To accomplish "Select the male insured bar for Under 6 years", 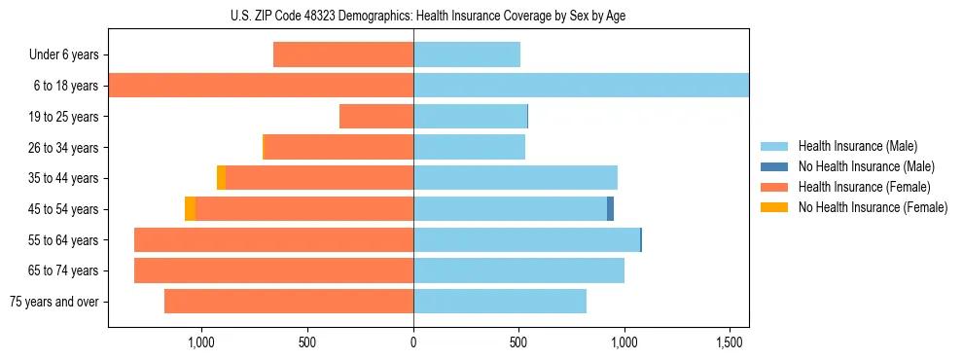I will tap(467, 54).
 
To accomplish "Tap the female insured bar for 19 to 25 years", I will tap(376, 117).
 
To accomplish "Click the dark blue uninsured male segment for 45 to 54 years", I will tap(610, 209).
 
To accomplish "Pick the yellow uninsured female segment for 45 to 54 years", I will tap(191, 209).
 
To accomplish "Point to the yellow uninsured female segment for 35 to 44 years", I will tap(222, 178).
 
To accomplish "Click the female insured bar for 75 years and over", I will tap(289, 302).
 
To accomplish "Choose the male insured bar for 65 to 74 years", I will tap(518, 270).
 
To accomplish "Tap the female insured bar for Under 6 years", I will tap(343, 54).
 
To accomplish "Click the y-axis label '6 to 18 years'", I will tap(65, 86).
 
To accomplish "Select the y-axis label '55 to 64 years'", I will tap(62, 240).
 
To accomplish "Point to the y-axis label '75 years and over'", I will tap(54, 302).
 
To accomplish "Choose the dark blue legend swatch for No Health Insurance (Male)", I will tap(774, 166).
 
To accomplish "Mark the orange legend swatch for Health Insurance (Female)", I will tap(774, 187).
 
